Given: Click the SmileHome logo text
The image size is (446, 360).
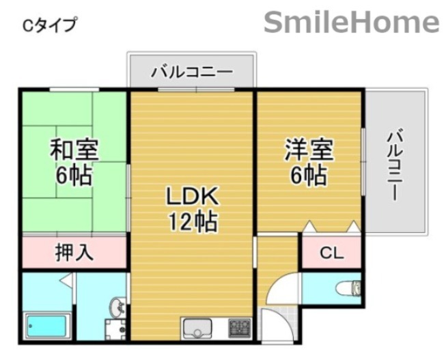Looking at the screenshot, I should (351, 22).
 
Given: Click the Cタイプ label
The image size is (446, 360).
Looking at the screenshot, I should (49, 25).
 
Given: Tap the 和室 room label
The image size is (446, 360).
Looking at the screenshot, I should (74, 150).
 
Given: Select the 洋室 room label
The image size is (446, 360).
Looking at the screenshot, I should (309, 149).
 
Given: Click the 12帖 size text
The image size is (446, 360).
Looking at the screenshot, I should (193, 221).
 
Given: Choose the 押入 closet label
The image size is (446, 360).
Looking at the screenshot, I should (74, 253).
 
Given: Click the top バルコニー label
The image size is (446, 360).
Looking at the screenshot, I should (192, 71).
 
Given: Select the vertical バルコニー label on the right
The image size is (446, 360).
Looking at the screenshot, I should (395, 164).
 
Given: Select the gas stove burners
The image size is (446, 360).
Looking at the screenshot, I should (239, 327).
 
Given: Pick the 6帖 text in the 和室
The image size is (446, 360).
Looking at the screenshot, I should (74, 176).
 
